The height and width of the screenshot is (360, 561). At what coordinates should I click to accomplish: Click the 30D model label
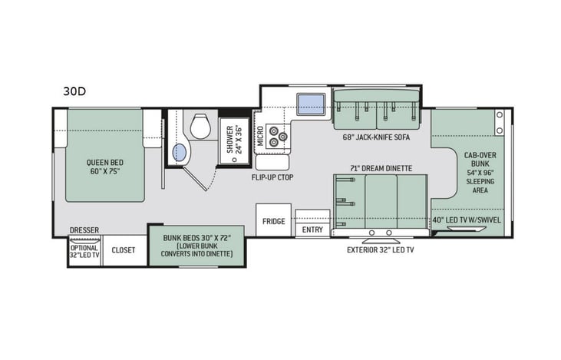pyautogui.click(x=74, y=91)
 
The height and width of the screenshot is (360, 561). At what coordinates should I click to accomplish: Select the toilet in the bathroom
pyautogui.click(x=200, y=127)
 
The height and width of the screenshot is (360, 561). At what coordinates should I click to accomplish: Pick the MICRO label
pyautogui.click(x=260, y=137)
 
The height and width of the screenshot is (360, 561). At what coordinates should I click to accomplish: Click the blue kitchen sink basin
pyautogui.click(x=309, y=101)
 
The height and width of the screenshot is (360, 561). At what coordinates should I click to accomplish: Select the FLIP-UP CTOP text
pyautogui.click(x=272, y=177)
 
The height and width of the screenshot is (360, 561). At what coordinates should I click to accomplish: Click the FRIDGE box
pyautogui.click(x=272, y=221)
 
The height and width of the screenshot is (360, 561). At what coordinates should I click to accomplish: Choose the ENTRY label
pyautogui.click(x=312, y=229)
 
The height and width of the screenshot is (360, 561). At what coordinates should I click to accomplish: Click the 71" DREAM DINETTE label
pyautogui.click(x=381, y=167)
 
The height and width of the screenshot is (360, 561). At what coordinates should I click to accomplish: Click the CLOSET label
pyautogui.click(x=124, y=250)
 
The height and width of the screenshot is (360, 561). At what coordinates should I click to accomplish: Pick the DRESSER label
pyautogui.click(x=84, y=230)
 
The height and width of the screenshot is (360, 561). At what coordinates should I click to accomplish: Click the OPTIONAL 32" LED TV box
pyautogui.click(x=84, y=252)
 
